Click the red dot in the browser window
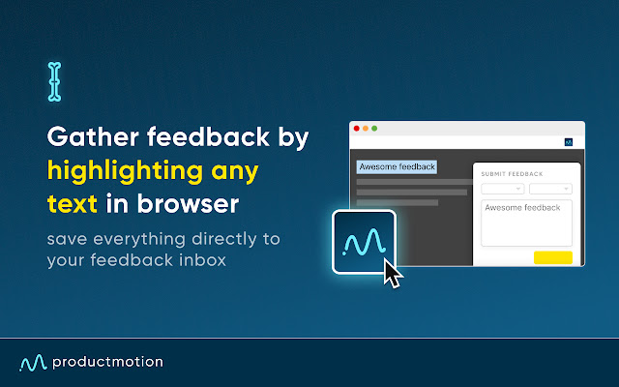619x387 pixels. (356, 129)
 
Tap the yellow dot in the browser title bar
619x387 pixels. (365, 129)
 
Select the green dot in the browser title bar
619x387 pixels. (373, 129)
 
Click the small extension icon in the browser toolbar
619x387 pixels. (569, 142)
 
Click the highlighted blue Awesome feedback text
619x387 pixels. (397, 166)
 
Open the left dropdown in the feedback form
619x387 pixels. (502, 189)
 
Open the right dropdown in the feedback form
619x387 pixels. (550, 189)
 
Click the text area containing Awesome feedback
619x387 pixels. (526, 223)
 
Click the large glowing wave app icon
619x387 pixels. (364, 242)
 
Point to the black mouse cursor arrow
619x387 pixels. (392, 272)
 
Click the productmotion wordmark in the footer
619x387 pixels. (108, 362)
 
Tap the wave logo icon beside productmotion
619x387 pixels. (33, 363)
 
